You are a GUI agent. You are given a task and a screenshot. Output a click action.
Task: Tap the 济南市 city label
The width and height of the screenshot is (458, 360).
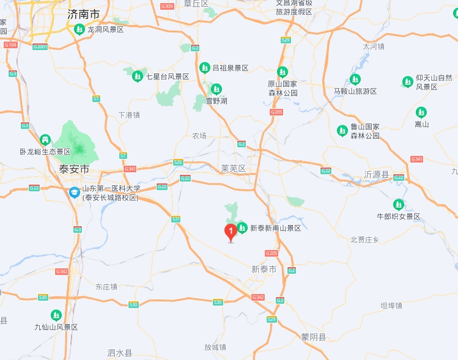tap(84, 13)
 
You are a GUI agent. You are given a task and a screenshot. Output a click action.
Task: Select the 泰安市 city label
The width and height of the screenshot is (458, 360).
tap(74, 169)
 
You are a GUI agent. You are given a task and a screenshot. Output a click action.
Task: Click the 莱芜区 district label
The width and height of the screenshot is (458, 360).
tap(233, 168)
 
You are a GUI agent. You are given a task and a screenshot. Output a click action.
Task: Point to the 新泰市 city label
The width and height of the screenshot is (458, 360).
tap(264, 269)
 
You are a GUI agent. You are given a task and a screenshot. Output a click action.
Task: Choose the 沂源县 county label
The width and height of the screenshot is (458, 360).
tap(376, 175)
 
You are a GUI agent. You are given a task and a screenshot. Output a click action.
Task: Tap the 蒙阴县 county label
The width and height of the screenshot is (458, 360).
tap(314, 337)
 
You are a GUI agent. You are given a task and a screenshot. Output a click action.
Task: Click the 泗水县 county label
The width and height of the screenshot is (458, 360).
tap(119, 353)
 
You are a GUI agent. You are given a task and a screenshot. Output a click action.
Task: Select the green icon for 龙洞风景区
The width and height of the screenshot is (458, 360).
tap(79, 29)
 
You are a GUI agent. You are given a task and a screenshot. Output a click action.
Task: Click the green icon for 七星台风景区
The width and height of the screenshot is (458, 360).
tap(138, 76)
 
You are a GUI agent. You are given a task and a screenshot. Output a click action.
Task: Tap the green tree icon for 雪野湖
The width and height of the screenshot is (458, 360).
tap(216, 89)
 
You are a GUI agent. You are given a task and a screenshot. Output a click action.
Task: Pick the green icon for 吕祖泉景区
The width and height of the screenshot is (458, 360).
tap(204, 67)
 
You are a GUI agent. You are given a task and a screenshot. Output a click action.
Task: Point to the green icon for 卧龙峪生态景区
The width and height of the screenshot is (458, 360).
tap(45, 140)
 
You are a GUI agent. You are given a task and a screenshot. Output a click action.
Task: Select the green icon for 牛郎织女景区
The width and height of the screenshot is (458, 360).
tap(399, 204)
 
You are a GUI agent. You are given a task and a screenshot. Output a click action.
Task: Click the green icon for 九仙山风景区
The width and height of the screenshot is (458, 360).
tap(56, 315)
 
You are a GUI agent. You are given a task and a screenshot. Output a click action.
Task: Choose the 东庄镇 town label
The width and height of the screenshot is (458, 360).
tap(106, 286)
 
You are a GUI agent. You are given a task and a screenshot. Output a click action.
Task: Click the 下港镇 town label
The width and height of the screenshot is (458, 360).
tap(129, 114)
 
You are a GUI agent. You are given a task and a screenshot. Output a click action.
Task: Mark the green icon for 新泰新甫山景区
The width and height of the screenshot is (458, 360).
tap(242, 228)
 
